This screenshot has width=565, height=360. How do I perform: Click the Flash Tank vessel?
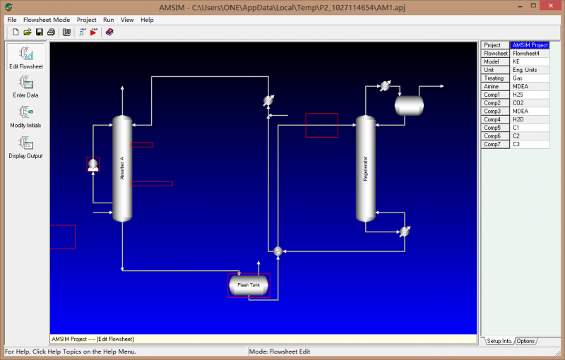[x=248, y=285]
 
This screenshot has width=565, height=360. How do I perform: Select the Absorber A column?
[x=122, y=168]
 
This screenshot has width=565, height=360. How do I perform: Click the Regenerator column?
[x=365, y=168]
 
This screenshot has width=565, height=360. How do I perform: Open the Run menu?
[x=108, y=20]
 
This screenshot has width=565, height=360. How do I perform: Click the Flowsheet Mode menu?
[x=47, y=20]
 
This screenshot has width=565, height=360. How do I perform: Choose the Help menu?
[x=147, y=20]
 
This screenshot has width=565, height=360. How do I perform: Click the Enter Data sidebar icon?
[x=26, y=85]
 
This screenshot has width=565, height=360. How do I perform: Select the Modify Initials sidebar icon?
[x=26, y=115]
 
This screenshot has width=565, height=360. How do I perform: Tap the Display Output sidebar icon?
[x=26, y=146]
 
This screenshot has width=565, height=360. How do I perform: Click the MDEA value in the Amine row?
[x=530, y=87]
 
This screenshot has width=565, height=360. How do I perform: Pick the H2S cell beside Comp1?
[x=530, y=95]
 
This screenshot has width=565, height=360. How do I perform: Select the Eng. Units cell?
[x=530, y=70]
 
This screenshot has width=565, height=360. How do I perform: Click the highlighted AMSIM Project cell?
[x=530, y=45]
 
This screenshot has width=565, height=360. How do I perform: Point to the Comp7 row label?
[x=495, y=144]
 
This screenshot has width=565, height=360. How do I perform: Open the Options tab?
[x=525, y=342]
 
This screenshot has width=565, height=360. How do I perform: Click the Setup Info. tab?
[x=499, y=342]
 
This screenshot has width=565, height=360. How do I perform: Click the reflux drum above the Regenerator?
[x=409, y=105]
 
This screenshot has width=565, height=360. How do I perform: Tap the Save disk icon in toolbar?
[x=40, y=32]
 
